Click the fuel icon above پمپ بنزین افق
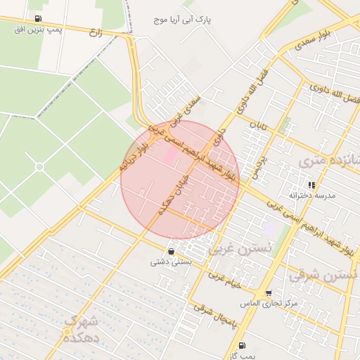(37, 19)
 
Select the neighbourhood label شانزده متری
(330, 161)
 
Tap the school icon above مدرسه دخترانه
(311, 185)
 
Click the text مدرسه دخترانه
(312, 195)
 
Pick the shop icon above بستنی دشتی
(171, 251)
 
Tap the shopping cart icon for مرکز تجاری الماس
(268, 293)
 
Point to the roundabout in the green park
(39, 167)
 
